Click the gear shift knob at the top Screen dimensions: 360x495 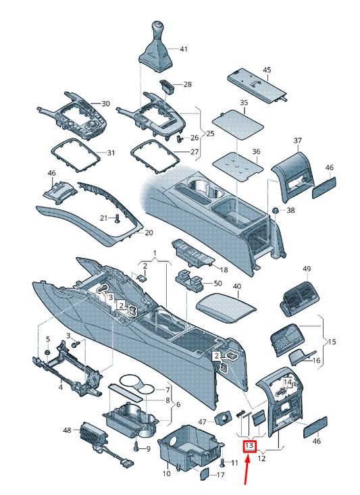coord(156,30)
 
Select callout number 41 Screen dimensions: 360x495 coord(184,49)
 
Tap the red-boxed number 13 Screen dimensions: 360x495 coord(249,446)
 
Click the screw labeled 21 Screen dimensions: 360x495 coord(118,218)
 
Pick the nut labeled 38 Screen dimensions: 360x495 coord(275,210)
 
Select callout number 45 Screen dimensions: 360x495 coord(267,70)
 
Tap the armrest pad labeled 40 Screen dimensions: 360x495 coord(226,307)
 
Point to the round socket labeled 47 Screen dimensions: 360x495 coord(224,419)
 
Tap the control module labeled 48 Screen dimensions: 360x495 coord(94,432)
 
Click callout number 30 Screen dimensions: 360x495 coord(105,103)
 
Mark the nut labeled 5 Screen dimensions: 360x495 coord(47,353)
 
